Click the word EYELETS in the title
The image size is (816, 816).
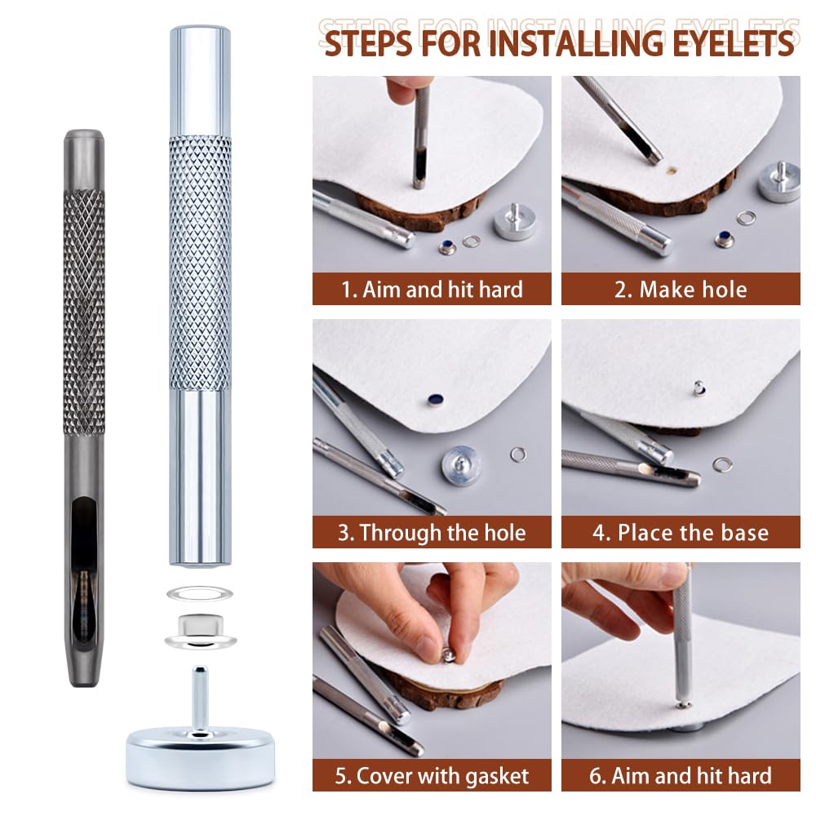coord(733,42)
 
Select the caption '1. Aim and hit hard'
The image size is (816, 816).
coord(432,290)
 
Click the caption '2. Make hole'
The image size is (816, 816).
coord(681,290)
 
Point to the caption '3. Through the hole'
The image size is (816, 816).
coord(432,532)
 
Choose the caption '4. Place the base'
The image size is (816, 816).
coord(681,532)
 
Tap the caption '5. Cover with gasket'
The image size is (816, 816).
coord(432,776)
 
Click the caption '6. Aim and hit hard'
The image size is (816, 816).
coord(681,776)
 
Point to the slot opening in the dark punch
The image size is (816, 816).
coord(84,536)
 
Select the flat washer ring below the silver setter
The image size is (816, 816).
coord(199,593)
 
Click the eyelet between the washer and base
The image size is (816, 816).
coord(201,632)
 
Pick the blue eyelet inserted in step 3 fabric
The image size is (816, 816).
coord(435,400)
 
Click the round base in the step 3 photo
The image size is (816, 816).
coord(461,465)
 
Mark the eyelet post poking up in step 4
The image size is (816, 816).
coord(699,388)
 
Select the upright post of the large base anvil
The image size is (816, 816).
coord(200,698)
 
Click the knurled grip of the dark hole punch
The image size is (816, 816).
coord(84,313)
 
